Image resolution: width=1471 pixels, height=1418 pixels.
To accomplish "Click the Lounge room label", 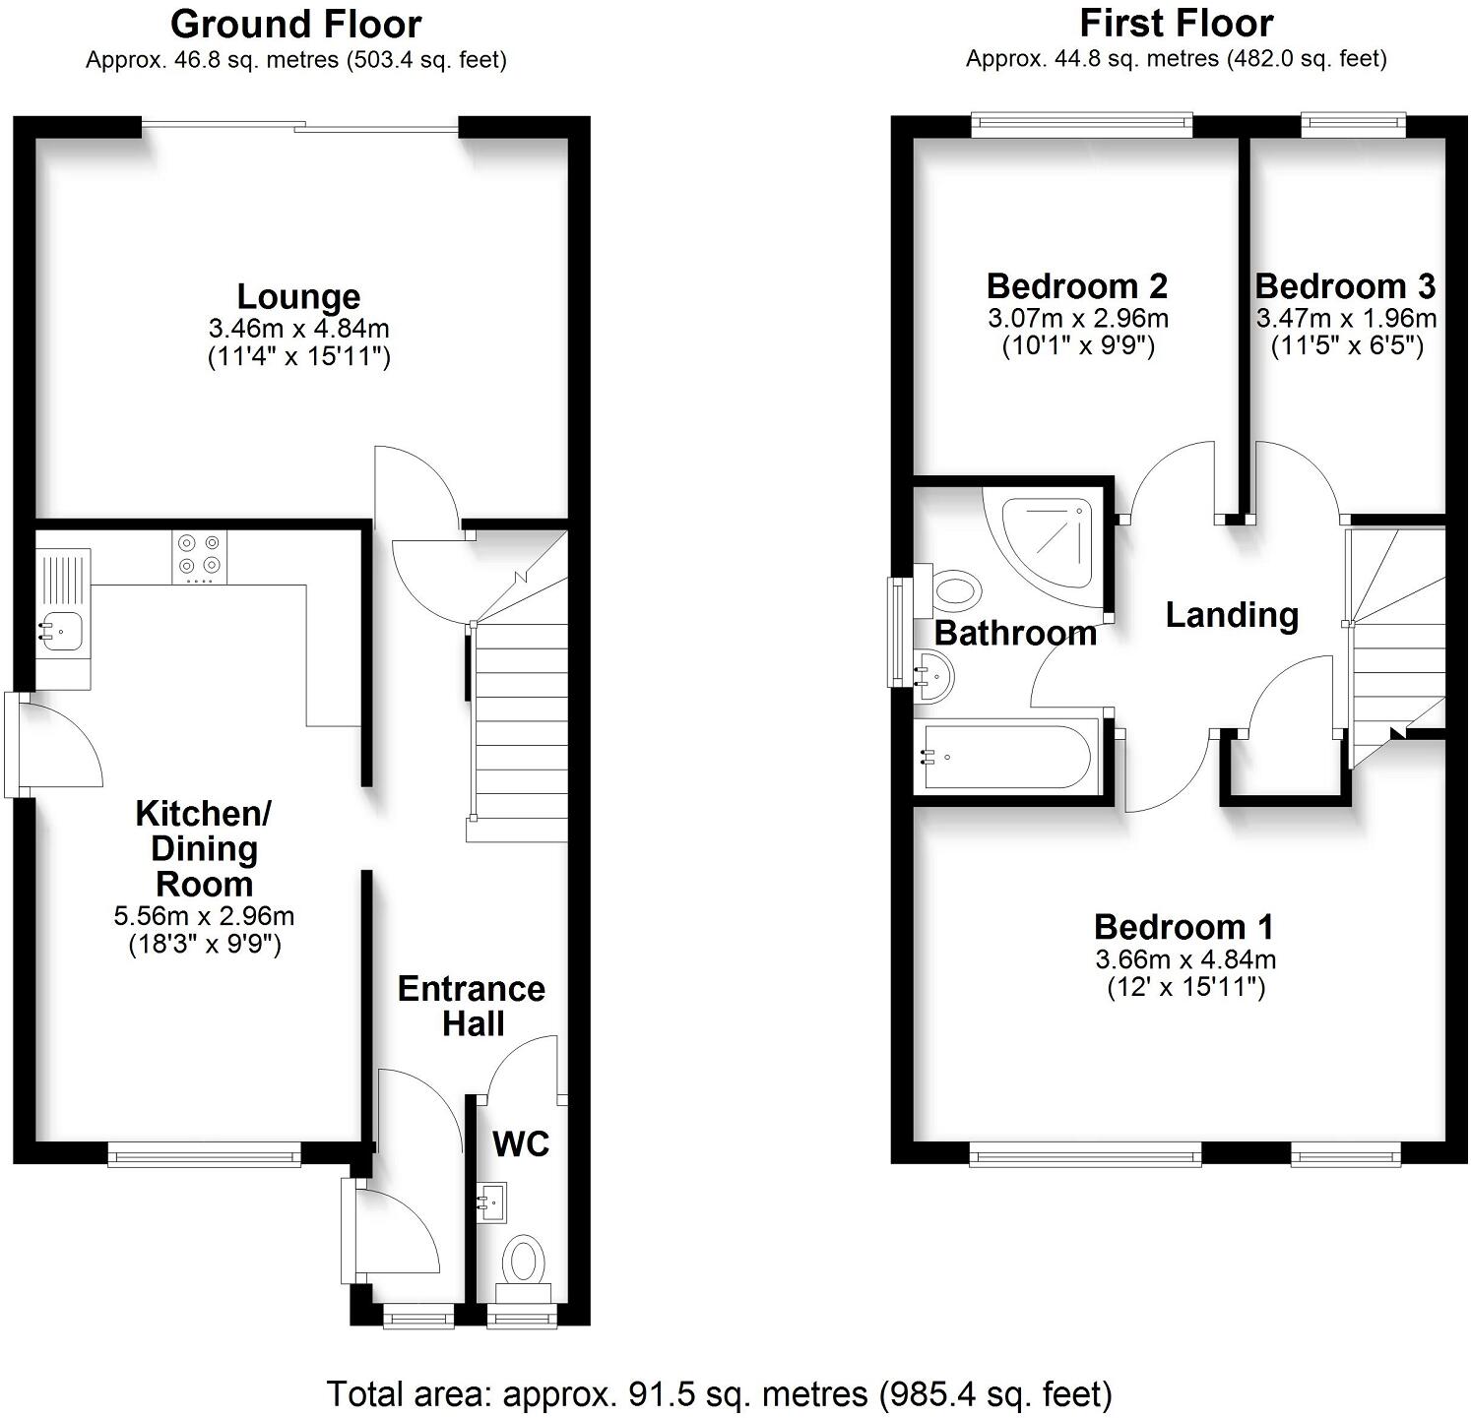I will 298,296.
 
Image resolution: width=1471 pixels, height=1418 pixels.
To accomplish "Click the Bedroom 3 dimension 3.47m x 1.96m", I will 1346,319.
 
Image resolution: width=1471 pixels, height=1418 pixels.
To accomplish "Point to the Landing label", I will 1232,615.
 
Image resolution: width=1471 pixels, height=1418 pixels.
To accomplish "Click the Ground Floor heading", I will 295,24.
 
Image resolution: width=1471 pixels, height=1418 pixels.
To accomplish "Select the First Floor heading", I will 1176,23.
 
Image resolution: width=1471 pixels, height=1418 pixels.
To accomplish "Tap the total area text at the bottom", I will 719,1393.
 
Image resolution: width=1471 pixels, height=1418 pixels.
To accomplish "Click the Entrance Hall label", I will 472,1006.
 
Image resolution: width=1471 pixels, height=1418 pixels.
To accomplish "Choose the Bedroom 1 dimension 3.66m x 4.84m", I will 1185,959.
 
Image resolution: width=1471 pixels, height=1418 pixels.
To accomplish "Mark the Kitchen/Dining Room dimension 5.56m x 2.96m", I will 204,916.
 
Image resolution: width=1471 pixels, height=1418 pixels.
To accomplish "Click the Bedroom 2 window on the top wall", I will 1081,123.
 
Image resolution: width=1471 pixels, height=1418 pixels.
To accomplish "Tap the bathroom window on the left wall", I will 896,632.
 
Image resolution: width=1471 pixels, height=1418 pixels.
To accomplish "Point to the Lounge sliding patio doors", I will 300,125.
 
